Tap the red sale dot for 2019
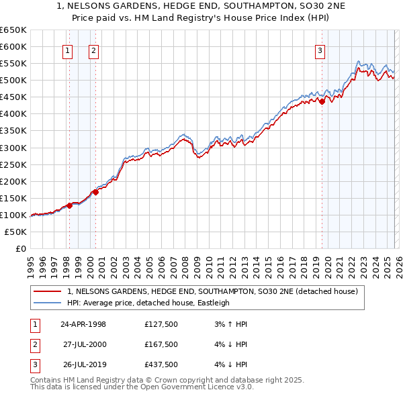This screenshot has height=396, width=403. tap(322, 101)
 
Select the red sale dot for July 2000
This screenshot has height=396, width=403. tap(95, 192)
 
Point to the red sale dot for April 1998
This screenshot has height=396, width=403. tap(69, 205)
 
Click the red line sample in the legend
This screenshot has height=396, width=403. tap(47, 292)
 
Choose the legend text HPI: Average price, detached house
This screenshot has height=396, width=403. tap(148, 303)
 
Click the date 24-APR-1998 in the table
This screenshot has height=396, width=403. tap(83, 324)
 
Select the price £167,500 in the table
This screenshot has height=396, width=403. tap(161, 344)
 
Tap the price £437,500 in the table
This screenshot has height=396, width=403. tap(161, 364)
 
